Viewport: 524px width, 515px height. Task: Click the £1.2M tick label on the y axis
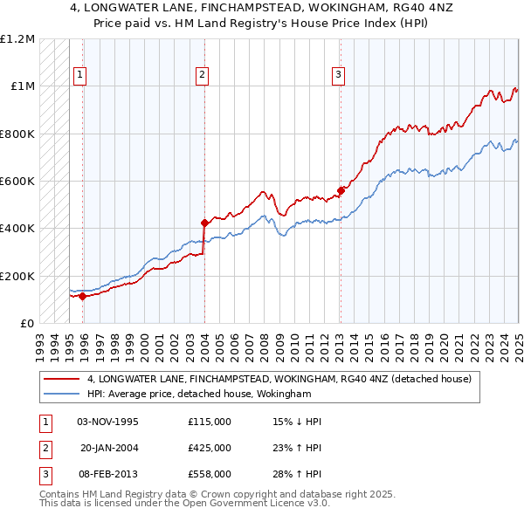coord(17,39)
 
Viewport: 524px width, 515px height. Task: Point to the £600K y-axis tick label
coord(17,182)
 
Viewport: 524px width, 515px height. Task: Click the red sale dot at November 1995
coord(83,296)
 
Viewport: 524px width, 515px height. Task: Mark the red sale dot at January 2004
coord(204,223)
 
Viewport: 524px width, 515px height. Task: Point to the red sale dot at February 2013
coord(340,191)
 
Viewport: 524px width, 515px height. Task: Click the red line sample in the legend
coord(63,379)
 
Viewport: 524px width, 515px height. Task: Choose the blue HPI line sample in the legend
coord(63,395)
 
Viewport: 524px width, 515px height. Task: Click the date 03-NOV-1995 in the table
coord(107,422)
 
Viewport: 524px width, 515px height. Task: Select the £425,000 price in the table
coord(209,448)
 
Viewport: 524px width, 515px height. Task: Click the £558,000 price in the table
coord(209,474)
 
